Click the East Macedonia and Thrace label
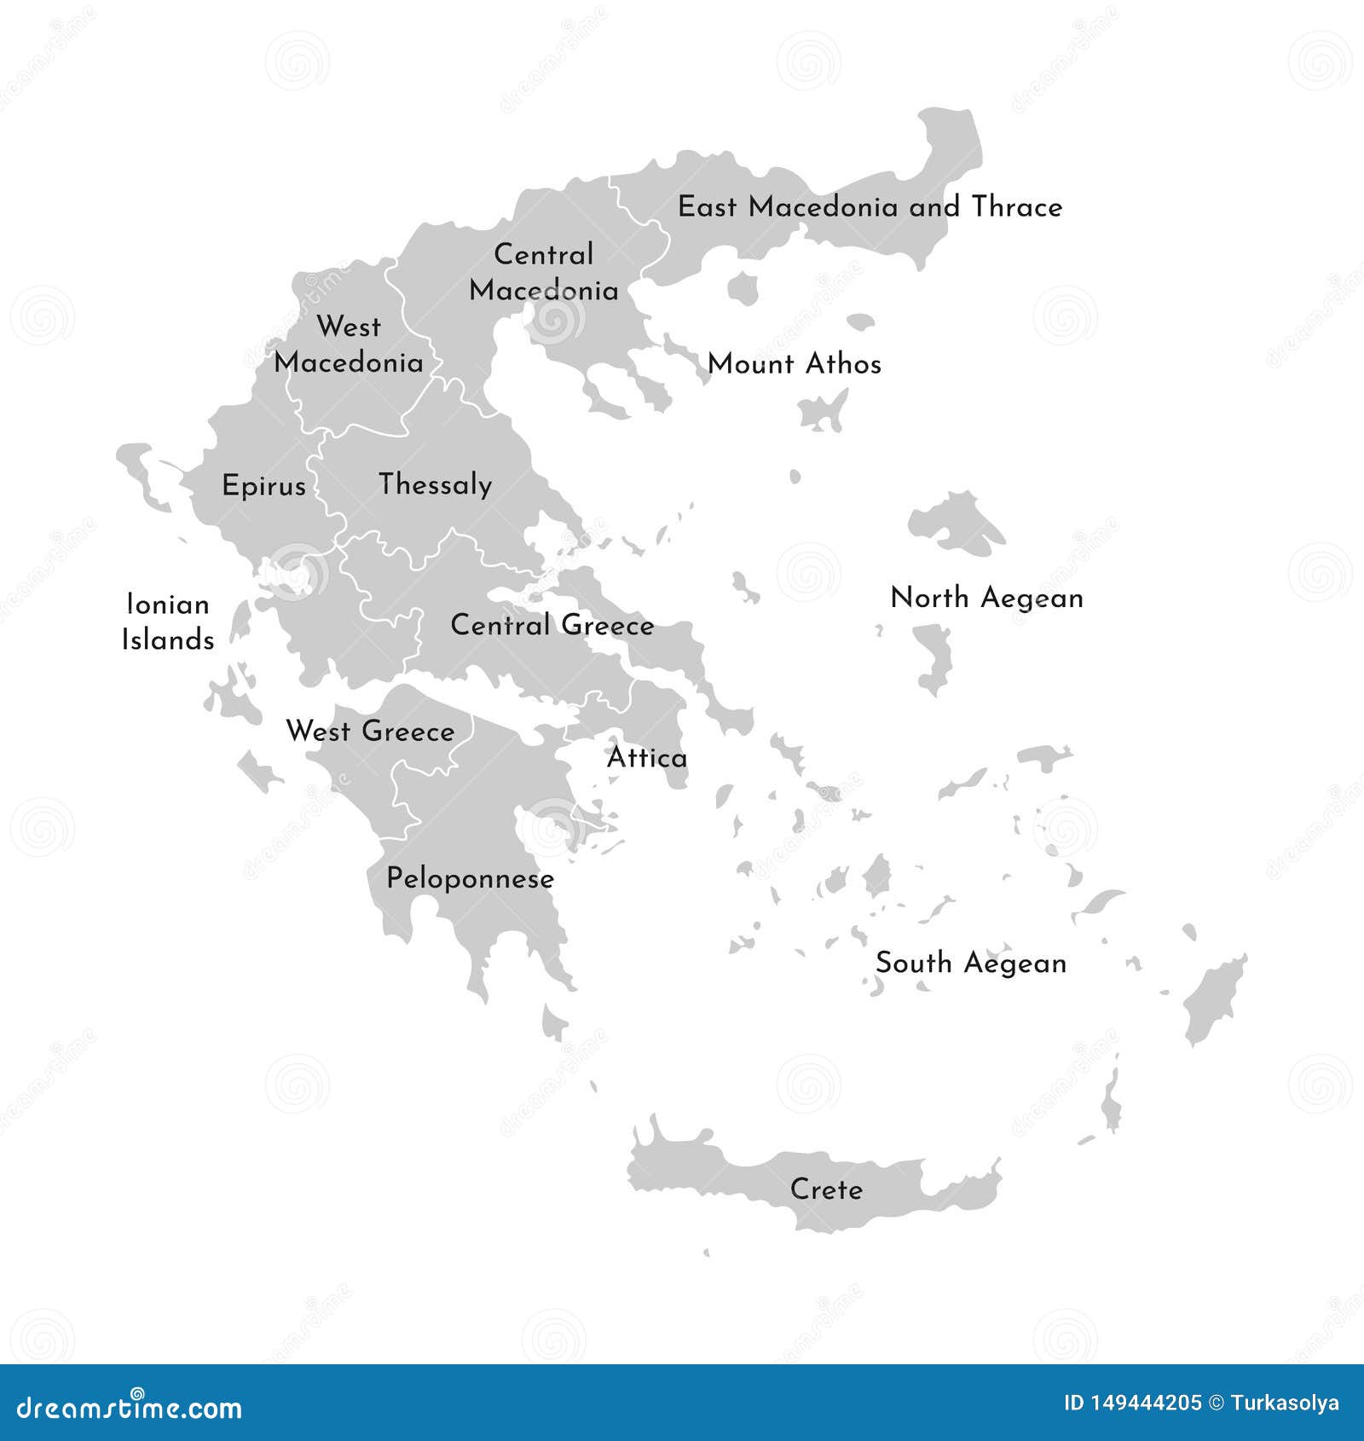click(870, 207)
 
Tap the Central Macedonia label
click(544, 273)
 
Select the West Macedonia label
click(349, 344)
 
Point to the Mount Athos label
click(795, 364)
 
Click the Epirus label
click(263, 486)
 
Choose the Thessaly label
click(436, 485)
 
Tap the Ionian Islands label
click(168, 622)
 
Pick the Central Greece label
click(552, 625)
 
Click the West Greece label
click(371, 732)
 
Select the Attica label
click(647, 758)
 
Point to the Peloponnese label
click(471, 879)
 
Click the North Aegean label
click(986, 599)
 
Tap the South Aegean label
click(971, 964)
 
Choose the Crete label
click(826, 1189)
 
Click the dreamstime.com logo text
click(130, 1407)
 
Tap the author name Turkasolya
click(1286, 1403)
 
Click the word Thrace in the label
click(1017, 207)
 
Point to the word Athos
click(843, 364)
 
